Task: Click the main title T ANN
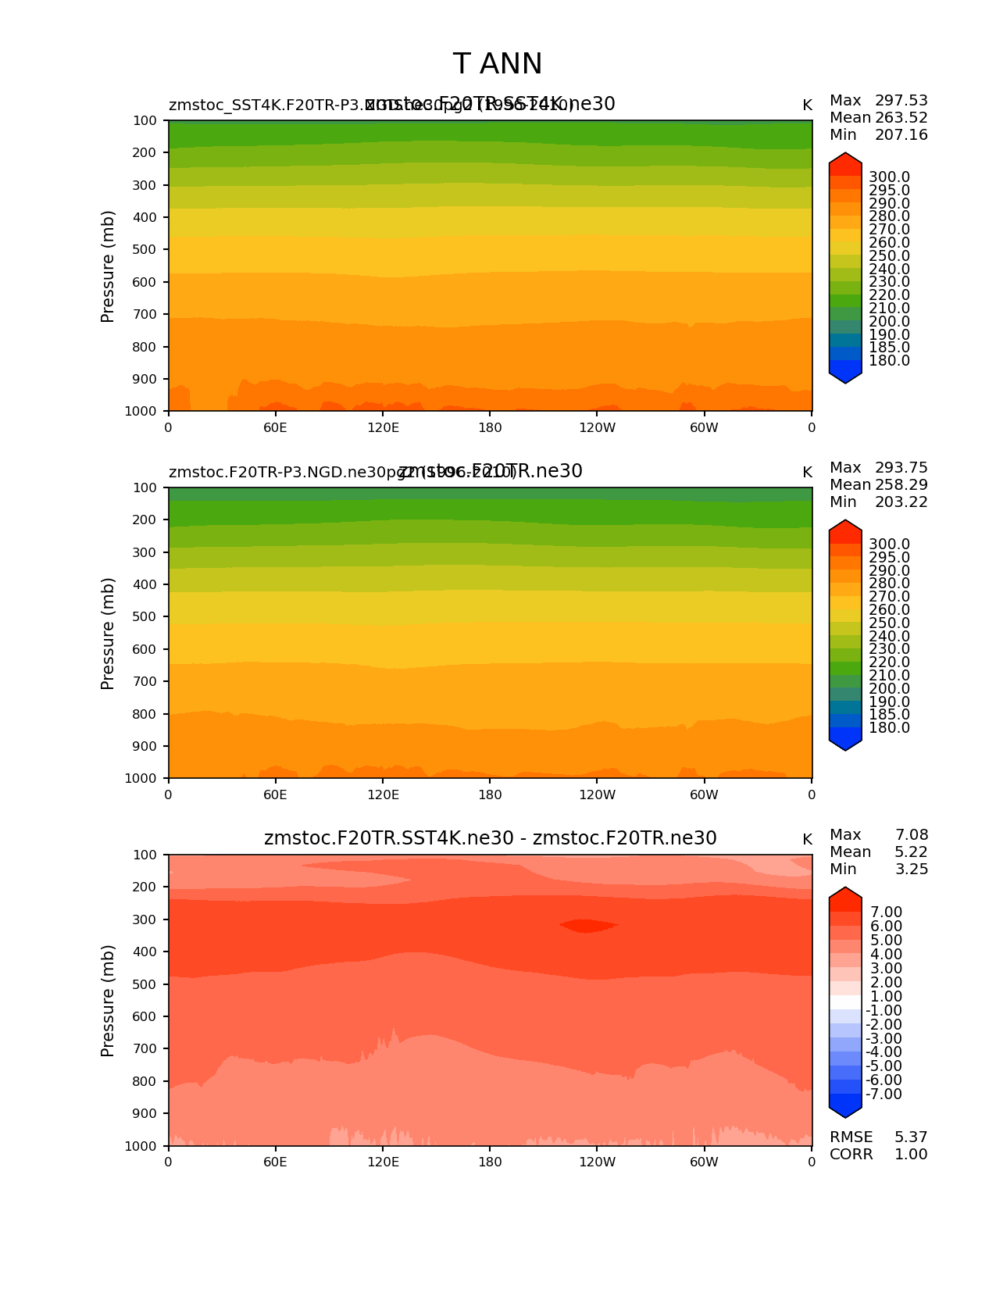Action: coord(497,64)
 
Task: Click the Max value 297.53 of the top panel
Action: coord(901,101)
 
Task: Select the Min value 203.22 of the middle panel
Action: coord(901,502)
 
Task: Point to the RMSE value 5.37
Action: coord(911,1137)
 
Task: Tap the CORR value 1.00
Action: coord(911,1155)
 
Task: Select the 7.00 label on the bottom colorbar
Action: coord(886,912)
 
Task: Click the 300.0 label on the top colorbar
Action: coord(889,177)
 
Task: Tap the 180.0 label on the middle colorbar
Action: coord(889,728)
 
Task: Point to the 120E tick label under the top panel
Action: coord(383,427)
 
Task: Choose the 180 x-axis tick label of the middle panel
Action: coord(490,794)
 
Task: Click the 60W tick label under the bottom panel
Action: coord(704,1162)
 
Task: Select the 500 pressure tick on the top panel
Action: coord(145,250)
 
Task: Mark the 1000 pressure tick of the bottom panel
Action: coord(141,1146)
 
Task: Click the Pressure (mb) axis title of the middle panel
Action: coord(108,634)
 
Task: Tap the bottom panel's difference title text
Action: coord(490,838)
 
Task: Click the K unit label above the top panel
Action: coord(807,105)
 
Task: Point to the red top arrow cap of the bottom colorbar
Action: coord(845,895)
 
